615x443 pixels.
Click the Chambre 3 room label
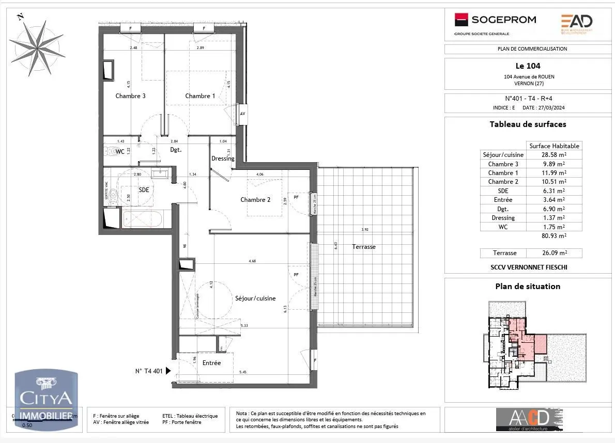click(130, 96)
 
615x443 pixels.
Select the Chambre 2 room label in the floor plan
click(255, 200)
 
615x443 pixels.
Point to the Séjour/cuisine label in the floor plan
click(255, 298)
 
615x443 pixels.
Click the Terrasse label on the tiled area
click(364, 247)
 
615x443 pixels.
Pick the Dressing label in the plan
click(223, 159)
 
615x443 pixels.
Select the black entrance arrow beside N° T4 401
click(168, 370)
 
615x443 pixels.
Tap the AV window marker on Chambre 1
click(242, 114)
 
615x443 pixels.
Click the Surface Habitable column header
click(554, 146)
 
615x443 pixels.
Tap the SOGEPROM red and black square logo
click(461, 20)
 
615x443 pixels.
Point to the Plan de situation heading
click(527, 286)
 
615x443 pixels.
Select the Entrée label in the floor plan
click(211, 362)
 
